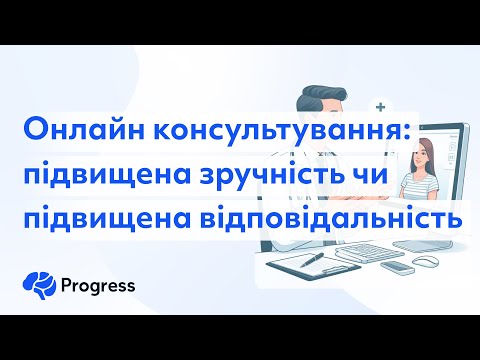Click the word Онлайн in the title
(x=67, y=130)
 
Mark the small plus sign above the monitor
(x=379, y=103)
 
